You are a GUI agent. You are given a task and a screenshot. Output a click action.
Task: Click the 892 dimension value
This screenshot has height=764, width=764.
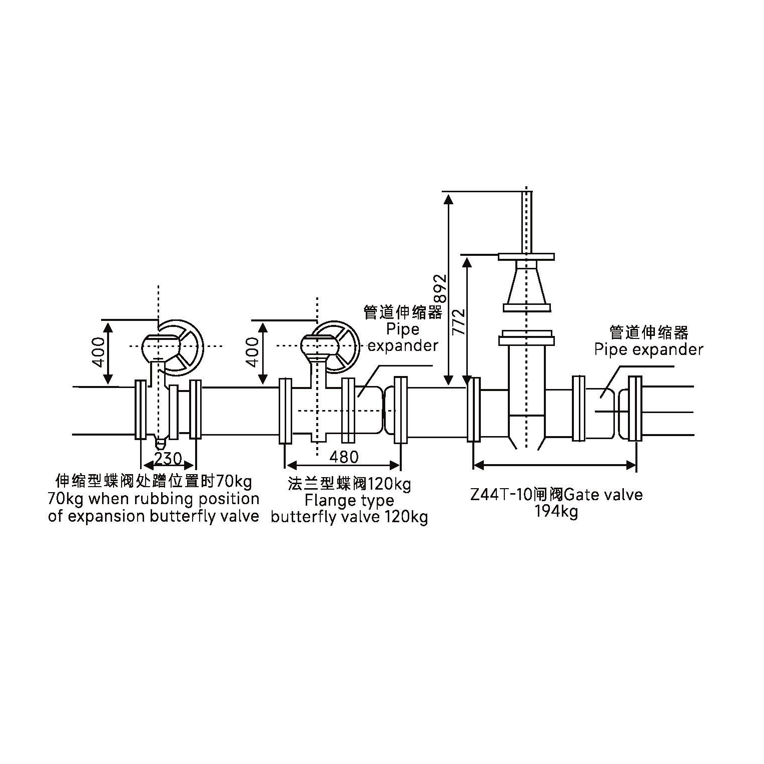tap(439, 289)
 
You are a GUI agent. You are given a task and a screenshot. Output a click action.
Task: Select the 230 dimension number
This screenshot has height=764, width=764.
tap(168, 459)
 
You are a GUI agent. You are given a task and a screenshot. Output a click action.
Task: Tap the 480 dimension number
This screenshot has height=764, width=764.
tap(344, 457)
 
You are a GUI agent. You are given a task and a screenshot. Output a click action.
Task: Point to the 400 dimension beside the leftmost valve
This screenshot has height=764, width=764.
tap(100, 352)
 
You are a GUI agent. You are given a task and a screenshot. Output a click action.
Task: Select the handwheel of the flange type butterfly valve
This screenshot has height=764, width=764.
tap(340, 346)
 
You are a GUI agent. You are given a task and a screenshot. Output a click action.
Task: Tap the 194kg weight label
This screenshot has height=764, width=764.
tap(556, 511)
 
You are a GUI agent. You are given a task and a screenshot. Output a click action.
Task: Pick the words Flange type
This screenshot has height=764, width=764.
tap(349, 500)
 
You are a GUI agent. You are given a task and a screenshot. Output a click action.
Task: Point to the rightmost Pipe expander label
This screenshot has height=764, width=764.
tap(648, 349)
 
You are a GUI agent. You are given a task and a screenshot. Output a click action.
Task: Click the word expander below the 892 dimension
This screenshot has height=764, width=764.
tap(403, 345)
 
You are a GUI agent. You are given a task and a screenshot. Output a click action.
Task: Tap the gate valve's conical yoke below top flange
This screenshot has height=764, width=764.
tap(526, 285)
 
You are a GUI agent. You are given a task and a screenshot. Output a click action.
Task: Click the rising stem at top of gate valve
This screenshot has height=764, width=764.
tap(526, 220)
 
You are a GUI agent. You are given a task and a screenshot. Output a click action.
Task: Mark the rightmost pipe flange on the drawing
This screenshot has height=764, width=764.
tap(635, 409)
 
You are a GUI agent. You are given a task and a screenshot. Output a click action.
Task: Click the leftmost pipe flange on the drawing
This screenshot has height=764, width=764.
tap(141, 410)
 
